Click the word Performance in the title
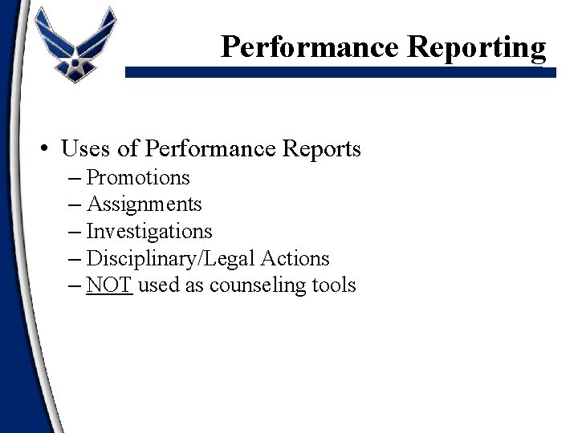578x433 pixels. pos(310,47)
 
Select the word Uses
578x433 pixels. pos(85,149)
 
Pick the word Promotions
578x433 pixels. pos(138,176)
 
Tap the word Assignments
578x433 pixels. pos(144,204)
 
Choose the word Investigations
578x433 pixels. pos(149,232)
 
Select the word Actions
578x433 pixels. pos(298,259)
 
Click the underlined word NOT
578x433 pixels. pos(108,285)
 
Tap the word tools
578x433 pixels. pos(332,285)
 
